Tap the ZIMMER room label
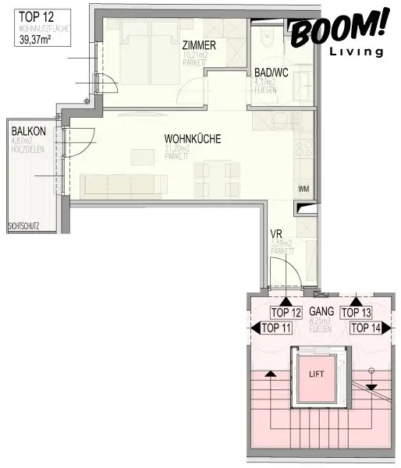[x=200, y=44]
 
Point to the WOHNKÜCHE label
[x=193, y=139]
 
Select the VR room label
[x=275, y=234]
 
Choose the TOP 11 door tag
[x=275, y=328]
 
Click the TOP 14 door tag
[x=367, y=328]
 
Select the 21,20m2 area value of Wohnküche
[x=177, y=148]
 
